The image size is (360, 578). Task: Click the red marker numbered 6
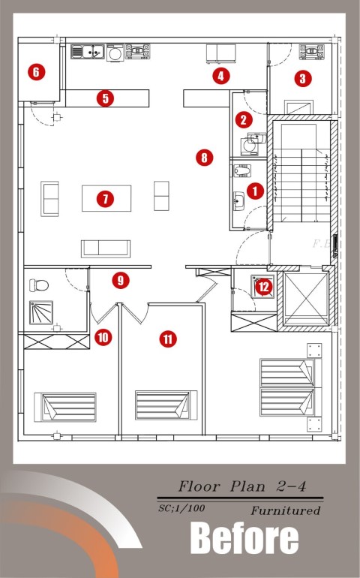[36, 71]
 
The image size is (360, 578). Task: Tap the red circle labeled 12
[264, 287]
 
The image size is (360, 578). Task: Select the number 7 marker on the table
[106, 199]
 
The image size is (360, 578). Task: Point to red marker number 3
[303, 78]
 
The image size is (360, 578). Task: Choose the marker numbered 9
[121, 281]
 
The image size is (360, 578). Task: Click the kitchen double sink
[88, 52]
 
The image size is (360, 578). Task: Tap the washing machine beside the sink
[115, 53]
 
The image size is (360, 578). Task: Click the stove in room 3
[312, 52]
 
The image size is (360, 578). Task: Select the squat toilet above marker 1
[242, 170]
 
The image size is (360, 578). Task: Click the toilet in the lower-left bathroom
[39, 285]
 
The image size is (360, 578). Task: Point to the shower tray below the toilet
[41, 312]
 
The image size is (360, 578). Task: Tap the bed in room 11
[166, 405]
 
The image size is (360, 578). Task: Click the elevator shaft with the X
[306, 299]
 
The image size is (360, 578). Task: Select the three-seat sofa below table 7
[106, 248]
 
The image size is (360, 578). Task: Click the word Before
[244, 538]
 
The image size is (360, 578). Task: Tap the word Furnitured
[286, 510]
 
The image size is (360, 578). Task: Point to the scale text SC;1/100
[181, 508]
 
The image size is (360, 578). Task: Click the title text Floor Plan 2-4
[242, 486]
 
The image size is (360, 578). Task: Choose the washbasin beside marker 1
[238, 201]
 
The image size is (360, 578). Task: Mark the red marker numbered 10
[103, 337]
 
